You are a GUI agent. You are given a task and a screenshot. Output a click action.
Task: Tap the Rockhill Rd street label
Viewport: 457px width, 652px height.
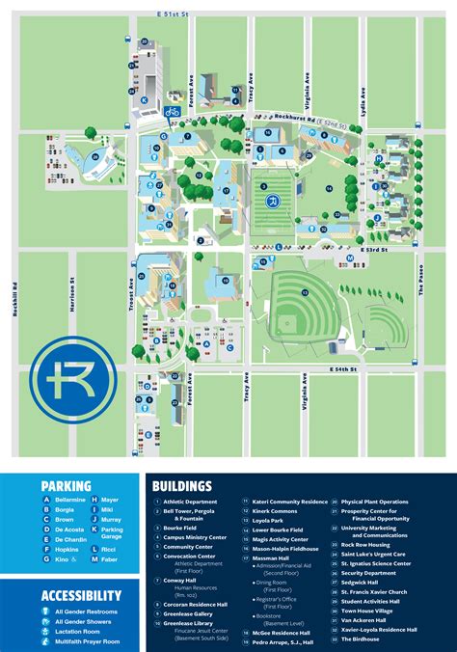point(16,298)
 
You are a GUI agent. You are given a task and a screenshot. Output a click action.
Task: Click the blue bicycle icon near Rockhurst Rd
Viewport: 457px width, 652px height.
point(172,112)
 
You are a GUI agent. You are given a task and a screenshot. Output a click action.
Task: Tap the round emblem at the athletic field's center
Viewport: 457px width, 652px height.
point(273,201)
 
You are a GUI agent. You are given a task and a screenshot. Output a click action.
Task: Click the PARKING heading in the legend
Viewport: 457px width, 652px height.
point(67,486)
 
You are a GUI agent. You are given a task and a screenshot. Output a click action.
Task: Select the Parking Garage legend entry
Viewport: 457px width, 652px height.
point(113,530)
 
